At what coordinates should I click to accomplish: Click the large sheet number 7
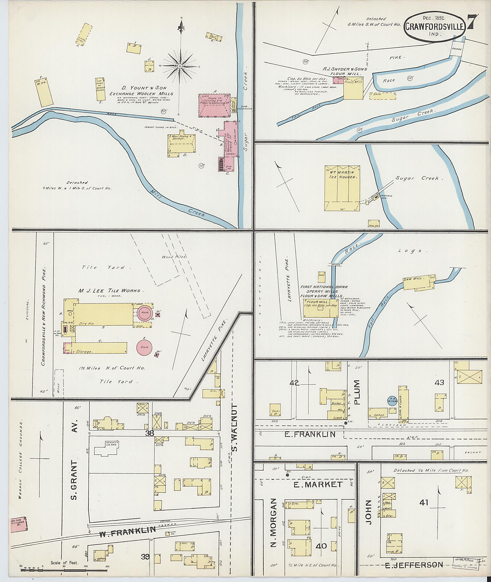click(473, 22)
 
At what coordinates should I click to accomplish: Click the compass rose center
click(180, 66)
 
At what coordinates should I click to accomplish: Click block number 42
click(294, 383)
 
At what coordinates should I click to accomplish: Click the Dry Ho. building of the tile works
click(103, 314)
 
